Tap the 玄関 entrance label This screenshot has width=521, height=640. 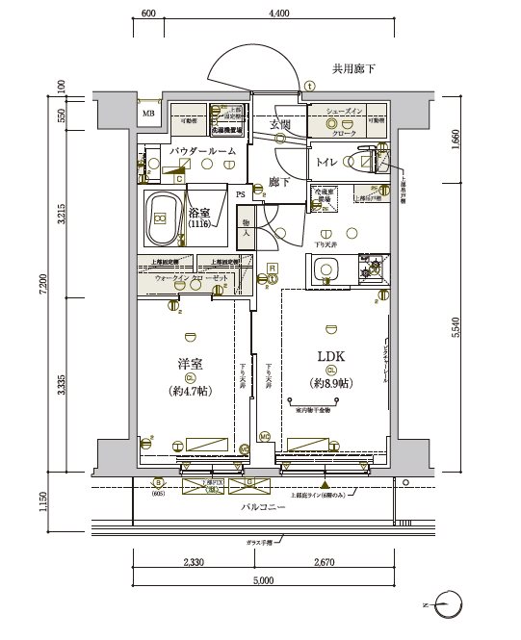[x=280, y=125]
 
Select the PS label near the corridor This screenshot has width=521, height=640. [x=241, y=193]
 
